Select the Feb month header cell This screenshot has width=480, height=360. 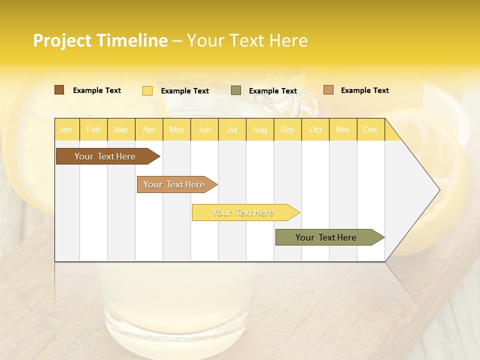93,129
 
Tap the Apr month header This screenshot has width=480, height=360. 149,129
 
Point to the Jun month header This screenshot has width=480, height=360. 204,129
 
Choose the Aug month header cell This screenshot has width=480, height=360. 260,129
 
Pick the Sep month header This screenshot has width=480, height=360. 287,129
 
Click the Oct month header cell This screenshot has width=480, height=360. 315,129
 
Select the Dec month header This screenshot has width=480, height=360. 371,129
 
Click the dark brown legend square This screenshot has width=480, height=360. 59,90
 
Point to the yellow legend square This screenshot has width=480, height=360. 147,90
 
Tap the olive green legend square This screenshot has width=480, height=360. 236,90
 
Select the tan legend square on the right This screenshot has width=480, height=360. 328,90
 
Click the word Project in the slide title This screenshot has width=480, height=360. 62,40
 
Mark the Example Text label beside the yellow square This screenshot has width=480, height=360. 185,91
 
